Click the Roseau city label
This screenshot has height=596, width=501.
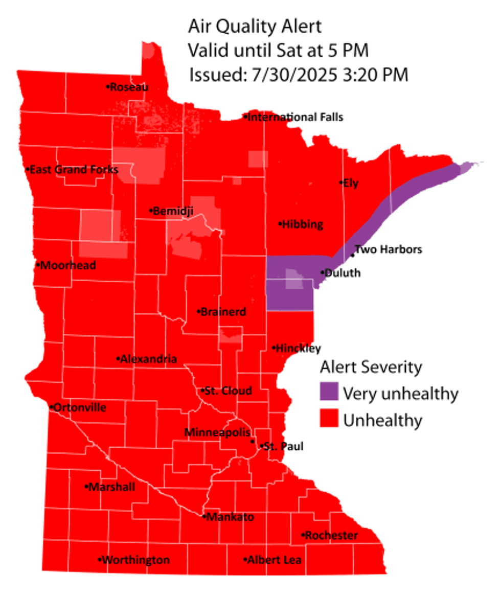130,87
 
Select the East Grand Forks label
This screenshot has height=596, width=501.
74,169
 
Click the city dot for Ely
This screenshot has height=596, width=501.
341,182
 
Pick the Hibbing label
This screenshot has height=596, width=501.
303,224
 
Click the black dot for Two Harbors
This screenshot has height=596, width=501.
353,255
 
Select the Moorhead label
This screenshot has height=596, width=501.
67,266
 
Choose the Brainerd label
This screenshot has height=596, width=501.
223,311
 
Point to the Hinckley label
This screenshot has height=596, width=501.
298,348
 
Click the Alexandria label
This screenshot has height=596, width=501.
149,359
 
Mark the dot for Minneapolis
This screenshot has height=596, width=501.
253,441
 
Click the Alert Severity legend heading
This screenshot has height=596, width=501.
371,367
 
